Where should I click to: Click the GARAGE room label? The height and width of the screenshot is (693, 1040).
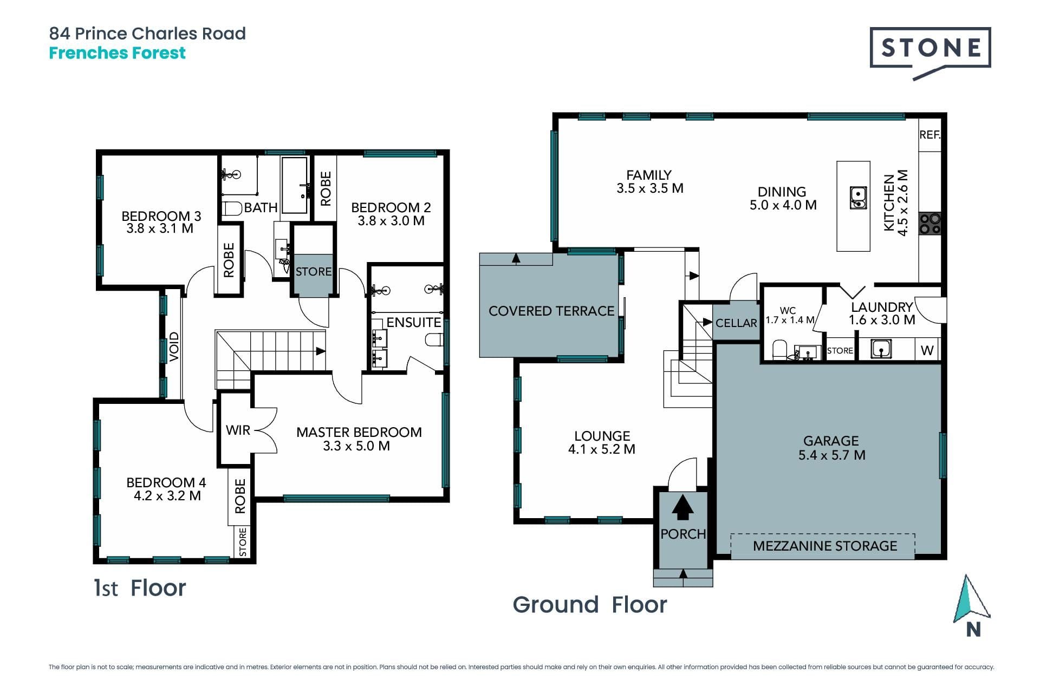[x=831, y=441]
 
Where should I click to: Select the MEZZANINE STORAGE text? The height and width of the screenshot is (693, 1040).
[x=825, y=546]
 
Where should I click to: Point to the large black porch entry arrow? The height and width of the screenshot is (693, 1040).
[x=682, y=508]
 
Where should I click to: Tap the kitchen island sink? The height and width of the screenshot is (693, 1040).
[x=858, y=198]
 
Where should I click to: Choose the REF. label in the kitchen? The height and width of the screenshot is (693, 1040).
[x=929, y=135]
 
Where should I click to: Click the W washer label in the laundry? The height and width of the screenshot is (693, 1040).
[x=927, y=351]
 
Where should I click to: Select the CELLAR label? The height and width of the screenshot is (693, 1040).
[x=736, y=323]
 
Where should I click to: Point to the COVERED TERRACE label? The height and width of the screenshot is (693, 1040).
[x=551, y=311]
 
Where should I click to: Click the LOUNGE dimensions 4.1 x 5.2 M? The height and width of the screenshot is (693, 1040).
[x=602, y=449]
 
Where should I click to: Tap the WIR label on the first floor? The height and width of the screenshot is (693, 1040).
[x=238, y=430]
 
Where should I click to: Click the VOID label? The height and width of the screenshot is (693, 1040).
[x=174, y=346]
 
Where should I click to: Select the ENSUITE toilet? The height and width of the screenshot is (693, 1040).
[x=434, y=340]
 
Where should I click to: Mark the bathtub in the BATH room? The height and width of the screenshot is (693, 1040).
[x=295, y=186]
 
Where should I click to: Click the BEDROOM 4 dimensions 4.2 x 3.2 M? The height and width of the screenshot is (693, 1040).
[x=167, y=496]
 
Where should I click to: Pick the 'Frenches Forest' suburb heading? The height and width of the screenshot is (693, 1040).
[x=117, y=53]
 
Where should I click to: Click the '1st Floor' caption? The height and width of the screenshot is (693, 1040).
[x=140, y=588]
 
